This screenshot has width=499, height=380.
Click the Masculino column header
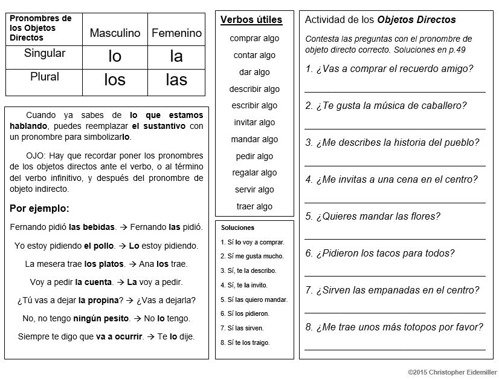[115, 33]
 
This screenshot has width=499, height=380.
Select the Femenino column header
[176, 33]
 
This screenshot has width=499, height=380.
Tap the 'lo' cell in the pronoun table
[115, 57]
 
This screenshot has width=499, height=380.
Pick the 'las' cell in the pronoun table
[176, 80]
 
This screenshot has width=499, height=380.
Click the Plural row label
[45, 77]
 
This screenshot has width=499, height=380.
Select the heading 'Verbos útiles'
[251, 20]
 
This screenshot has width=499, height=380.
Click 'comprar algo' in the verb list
[254, 38]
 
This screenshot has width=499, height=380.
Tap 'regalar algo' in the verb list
[254, 172]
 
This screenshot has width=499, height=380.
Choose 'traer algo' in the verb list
[254, 206]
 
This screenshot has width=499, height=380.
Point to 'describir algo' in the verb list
[254, 89]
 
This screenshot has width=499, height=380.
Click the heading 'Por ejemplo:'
[40, 209]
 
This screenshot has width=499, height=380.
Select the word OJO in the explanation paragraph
[36, 155]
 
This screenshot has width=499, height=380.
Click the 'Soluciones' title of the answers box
[237, 228]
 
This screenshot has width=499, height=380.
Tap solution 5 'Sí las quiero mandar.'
[254, 300]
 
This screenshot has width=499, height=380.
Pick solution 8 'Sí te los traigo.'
[245, 342]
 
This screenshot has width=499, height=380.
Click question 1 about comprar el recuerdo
[389, 68]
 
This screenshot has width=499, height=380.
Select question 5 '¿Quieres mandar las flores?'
[373, 216]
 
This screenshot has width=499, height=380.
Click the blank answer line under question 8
[394, 349]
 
